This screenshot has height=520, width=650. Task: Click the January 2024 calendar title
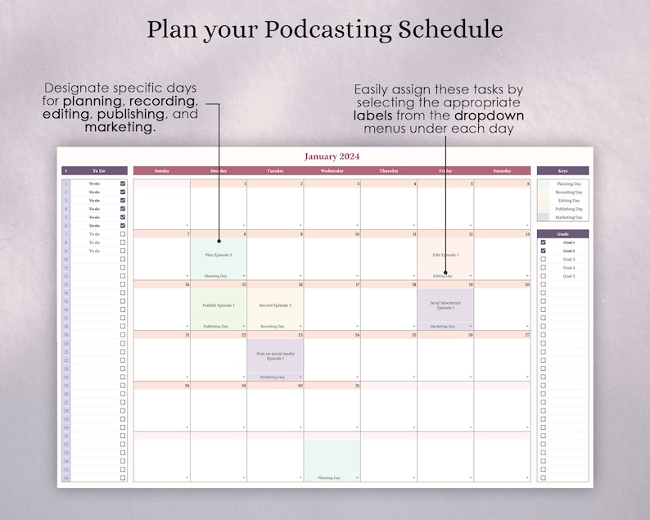click(x=332, y=156)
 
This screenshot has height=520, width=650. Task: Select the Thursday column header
click(x=389, y=171)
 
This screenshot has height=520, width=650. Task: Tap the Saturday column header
click(x=502, y=171)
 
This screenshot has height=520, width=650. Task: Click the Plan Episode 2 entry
click(x=219, y=255)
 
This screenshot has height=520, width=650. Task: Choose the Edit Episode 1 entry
click(x=445, y=255)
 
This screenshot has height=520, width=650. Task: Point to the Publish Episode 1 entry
click(x=219, y=305)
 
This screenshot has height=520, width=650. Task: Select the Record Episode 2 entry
click(x=275, y=305)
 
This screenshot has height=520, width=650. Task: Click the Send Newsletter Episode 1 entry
click(x=445, y=305)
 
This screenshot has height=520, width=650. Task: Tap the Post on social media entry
click(x=275, y=355)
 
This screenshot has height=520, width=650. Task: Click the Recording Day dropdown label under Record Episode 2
click(x=273, y=326)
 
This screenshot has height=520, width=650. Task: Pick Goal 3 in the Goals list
click(x=569, y=260)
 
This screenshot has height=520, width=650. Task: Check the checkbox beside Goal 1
click(x=543, y=242)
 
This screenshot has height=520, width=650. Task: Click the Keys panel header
click(x=562, y=171)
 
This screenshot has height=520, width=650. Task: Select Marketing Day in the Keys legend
click(x=569, y=217)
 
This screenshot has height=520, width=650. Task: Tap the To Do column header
click(x=98, y=171)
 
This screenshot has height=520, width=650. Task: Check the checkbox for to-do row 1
click(x=123, y=183)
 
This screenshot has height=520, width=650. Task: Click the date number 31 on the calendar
click(x=357, y=386)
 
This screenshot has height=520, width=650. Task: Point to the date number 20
click(x=526, y=285)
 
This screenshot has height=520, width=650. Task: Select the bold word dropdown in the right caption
click(x=490, y=115)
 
